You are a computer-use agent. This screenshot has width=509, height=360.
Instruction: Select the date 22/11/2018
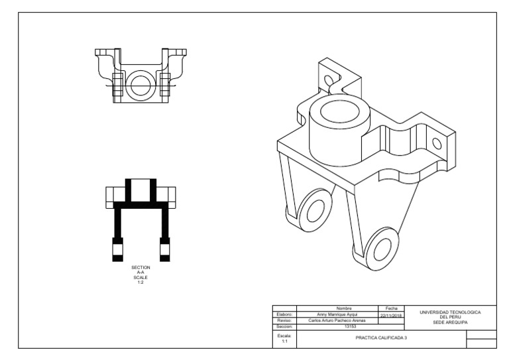point(391,314)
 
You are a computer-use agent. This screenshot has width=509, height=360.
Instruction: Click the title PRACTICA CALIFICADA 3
point(380,338)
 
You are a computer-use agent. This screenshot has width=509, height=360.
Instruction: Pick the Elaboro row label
point(284,314)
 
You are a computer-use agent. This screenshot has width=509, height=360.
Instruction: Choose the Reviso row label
point(284,320)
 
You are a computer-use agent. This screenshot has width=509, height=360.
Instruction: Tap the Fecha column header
point(391,308)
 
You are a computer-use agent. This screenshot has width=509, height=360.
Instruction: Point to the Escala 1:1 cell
point(284,338)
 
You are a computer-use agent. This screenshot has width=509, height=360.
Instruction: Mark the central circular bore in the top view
point(141,84)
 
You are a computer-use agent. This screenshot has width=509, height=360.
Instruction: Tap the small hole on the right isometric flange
point(437,143)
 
